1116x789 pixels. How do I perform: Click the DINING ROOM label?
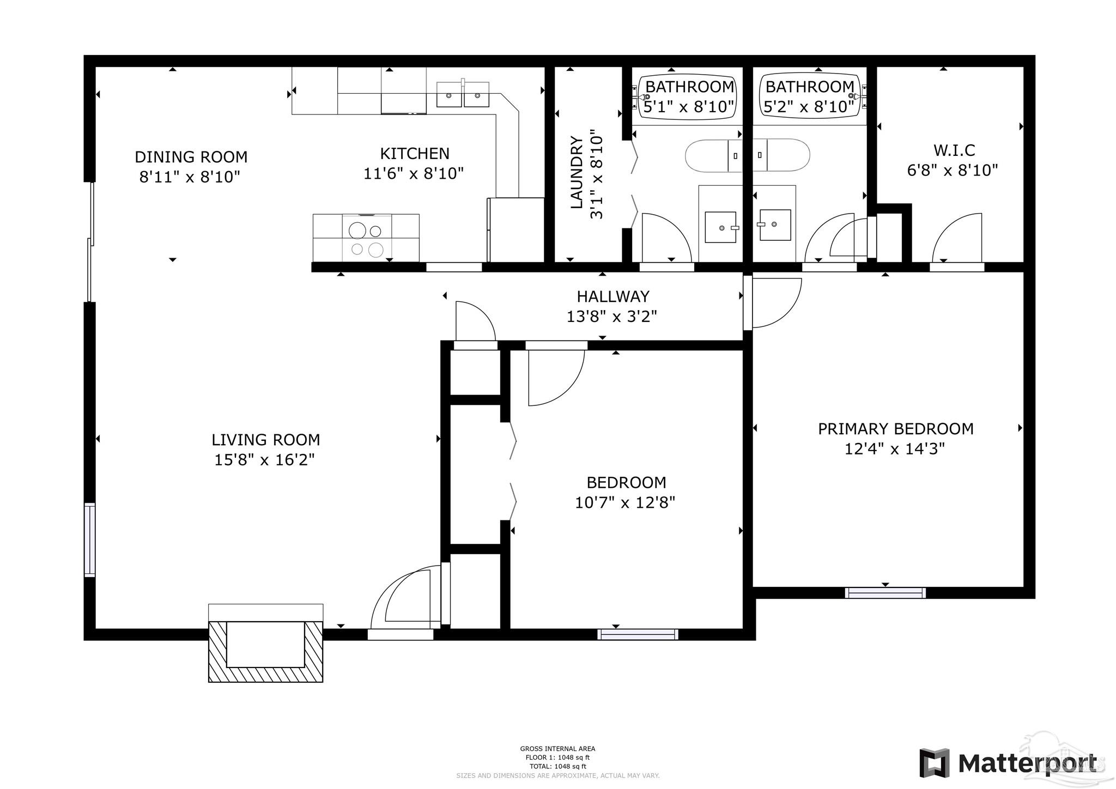pyautogui.click(x=191, y=157)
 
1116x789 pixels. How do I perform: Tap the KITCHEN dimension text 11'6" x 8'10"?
pyautogui.click(x=414, y=173)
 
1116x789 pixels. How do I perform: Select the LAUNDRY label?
pyautogui.click(x=577, y=173)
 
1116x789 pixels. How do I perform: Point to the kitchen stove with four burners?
pyautogui.click(x=366, y=239)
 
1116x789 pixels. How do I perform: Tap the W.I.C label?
pyautogui.click(x=954, y=150)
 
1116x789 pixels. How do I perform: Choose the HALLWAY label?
pyautogui.click(x=613, y=296)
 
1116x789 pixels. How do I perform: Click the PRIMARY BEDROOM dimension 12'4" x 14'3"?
pyautogui.click(x=894, y=449)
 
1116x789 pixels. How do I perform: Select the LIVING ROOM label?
pyautogui.click(x=266, y=440)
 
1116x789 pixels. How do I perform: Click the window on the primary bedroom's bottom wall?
pyautogui.click(x=885, y=593)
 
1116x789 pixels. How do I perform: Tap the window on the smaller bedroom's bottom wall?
pyautogui.click(x=638, y=634)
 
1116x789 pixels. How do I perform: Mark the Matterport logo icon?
pyautogui.click(x=934, y=763)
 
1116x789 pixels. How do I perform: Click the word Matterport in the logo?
pyautogui.click(x=1028, y=764)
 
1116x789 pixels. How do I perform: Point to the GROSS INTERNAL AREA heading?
pyautogui.click(x=557, y=749)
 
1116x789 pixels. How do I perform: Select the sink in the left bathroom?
pyautogui.click(x=720, y=227)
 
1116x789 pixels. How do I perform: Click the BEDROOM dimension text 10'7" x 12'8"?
pyautogui.click(x=625, y=502)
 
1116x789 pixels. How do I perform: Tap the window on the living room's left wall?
pyautogui.click(x=89, y=539)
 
